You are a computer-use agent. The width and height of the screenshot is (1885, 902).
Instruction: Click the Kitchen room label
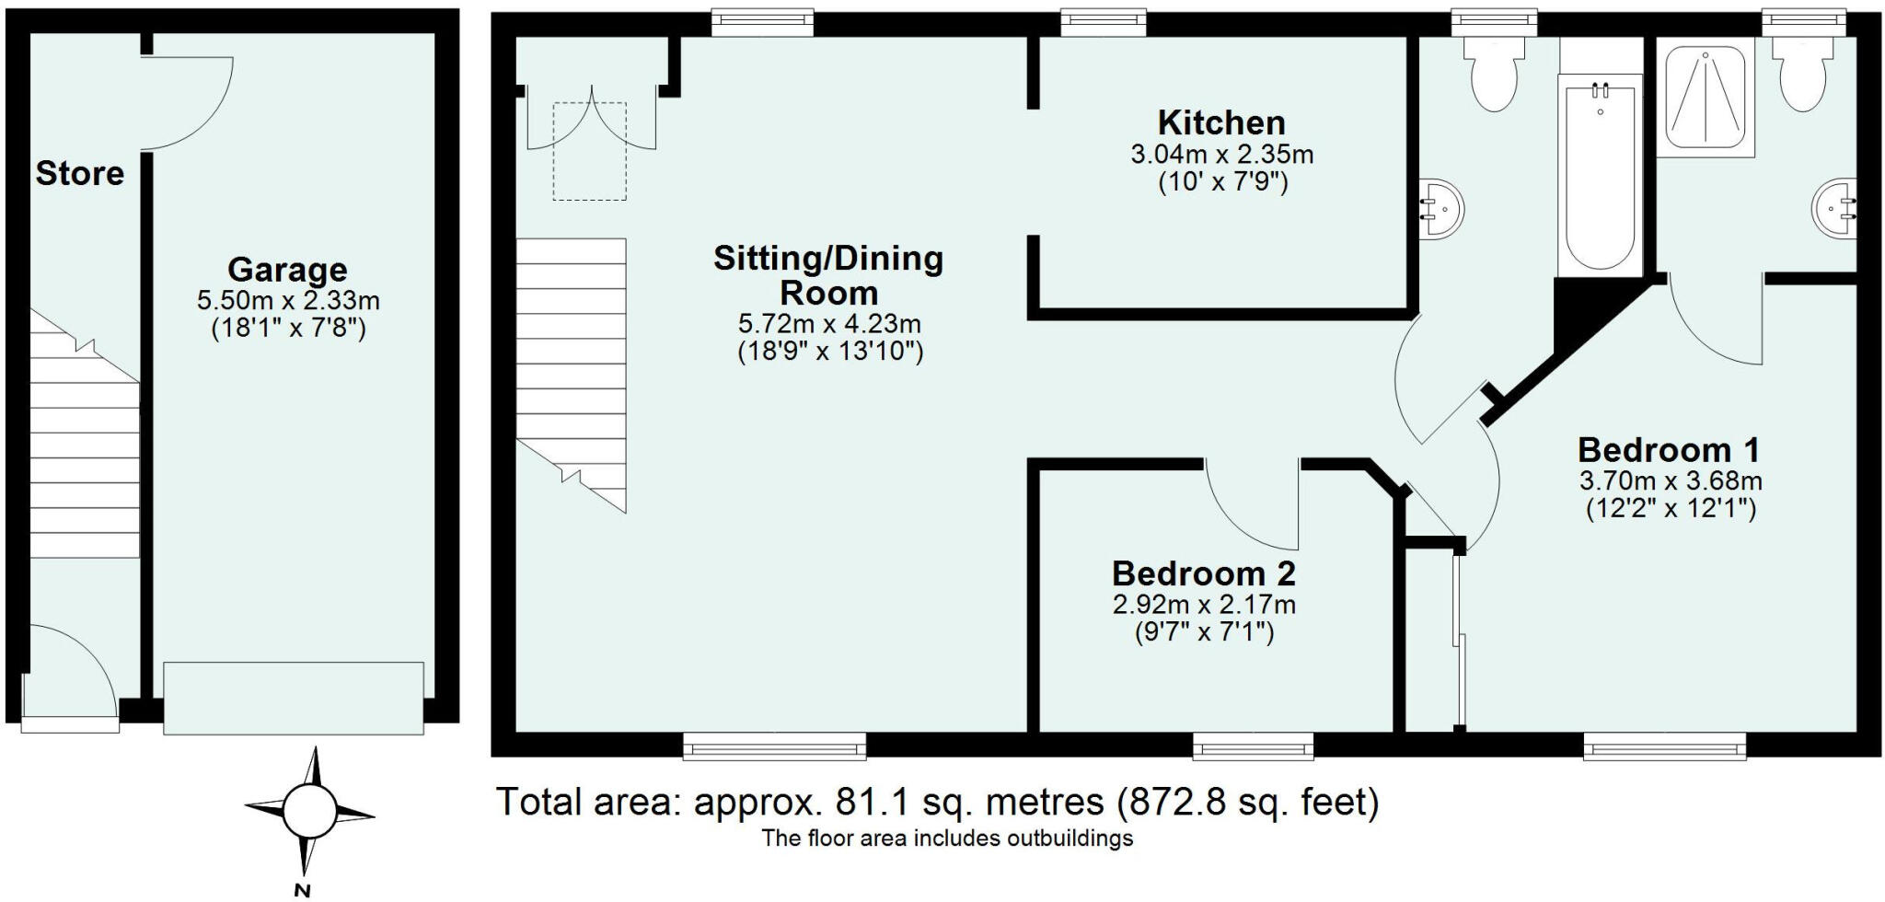(1220, 122)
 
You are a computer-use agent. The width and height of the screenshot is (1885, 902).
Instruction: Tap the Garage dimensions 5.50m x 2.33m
(288, 300)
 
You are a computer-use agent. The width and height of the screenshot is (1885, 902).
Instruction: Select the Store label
(80, 173)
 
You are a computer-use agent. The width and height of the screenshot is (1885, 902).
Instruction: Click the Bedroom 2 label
(1203, 573)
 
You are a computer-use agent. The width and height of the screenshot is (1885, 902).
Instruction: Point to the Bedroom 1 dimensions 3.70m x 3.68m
(1671, 480)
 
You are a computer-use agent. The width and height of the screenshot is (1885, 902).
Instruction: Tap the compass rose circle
(309, 811)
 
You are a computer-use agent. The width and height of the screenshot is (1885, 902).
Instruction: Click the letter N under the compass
(302, 890)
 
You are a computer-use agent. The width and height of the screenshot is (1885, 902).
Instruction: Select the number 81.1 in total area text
(871, 803)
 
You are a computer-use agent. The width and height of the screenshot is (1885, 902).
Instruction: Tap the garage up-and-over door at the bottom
(293, 698)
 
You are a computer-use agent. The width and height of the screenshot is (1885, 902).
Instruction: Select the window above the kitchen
(1103, 21)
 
